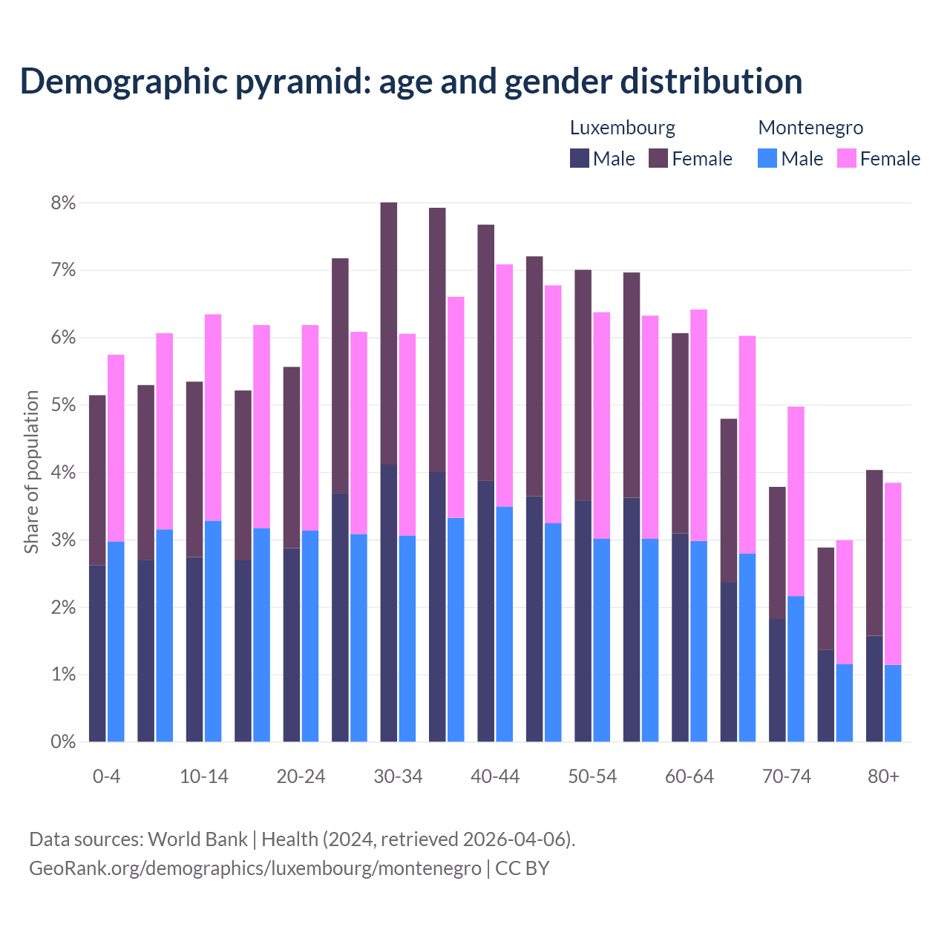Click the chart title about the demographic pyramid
click(411, 81)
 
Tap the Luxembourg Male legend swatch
click(580, 158)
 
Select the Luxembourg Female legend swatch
click(658, 158)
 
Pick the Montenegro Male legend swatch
click(767, 158)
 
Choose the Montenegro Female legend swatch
click(846, 158)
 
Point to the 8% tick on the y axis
click(64, 203)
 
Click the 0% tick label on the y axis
click(64, 741)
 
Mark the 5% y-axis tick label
click(64, 405)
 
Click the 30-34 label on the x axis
click(398, 776)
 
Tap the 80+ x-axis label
click(883, 776)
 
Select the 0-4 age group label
click(106, 776)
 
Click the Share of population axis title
click(31, 472)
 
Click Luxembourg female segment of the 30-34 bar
click(388, 333)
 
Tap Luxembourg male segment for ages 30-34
click(388, 603)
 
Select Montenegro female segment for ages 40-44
click(505, 385)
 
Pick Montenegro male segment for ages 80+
click(893, 703)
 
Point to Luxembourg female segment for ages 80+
click(874, 553)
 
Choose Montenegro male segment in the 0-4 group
click(116, 641)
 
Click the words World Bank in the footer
click(197, 839)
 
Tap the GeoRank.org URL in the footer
click(255, 868)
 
